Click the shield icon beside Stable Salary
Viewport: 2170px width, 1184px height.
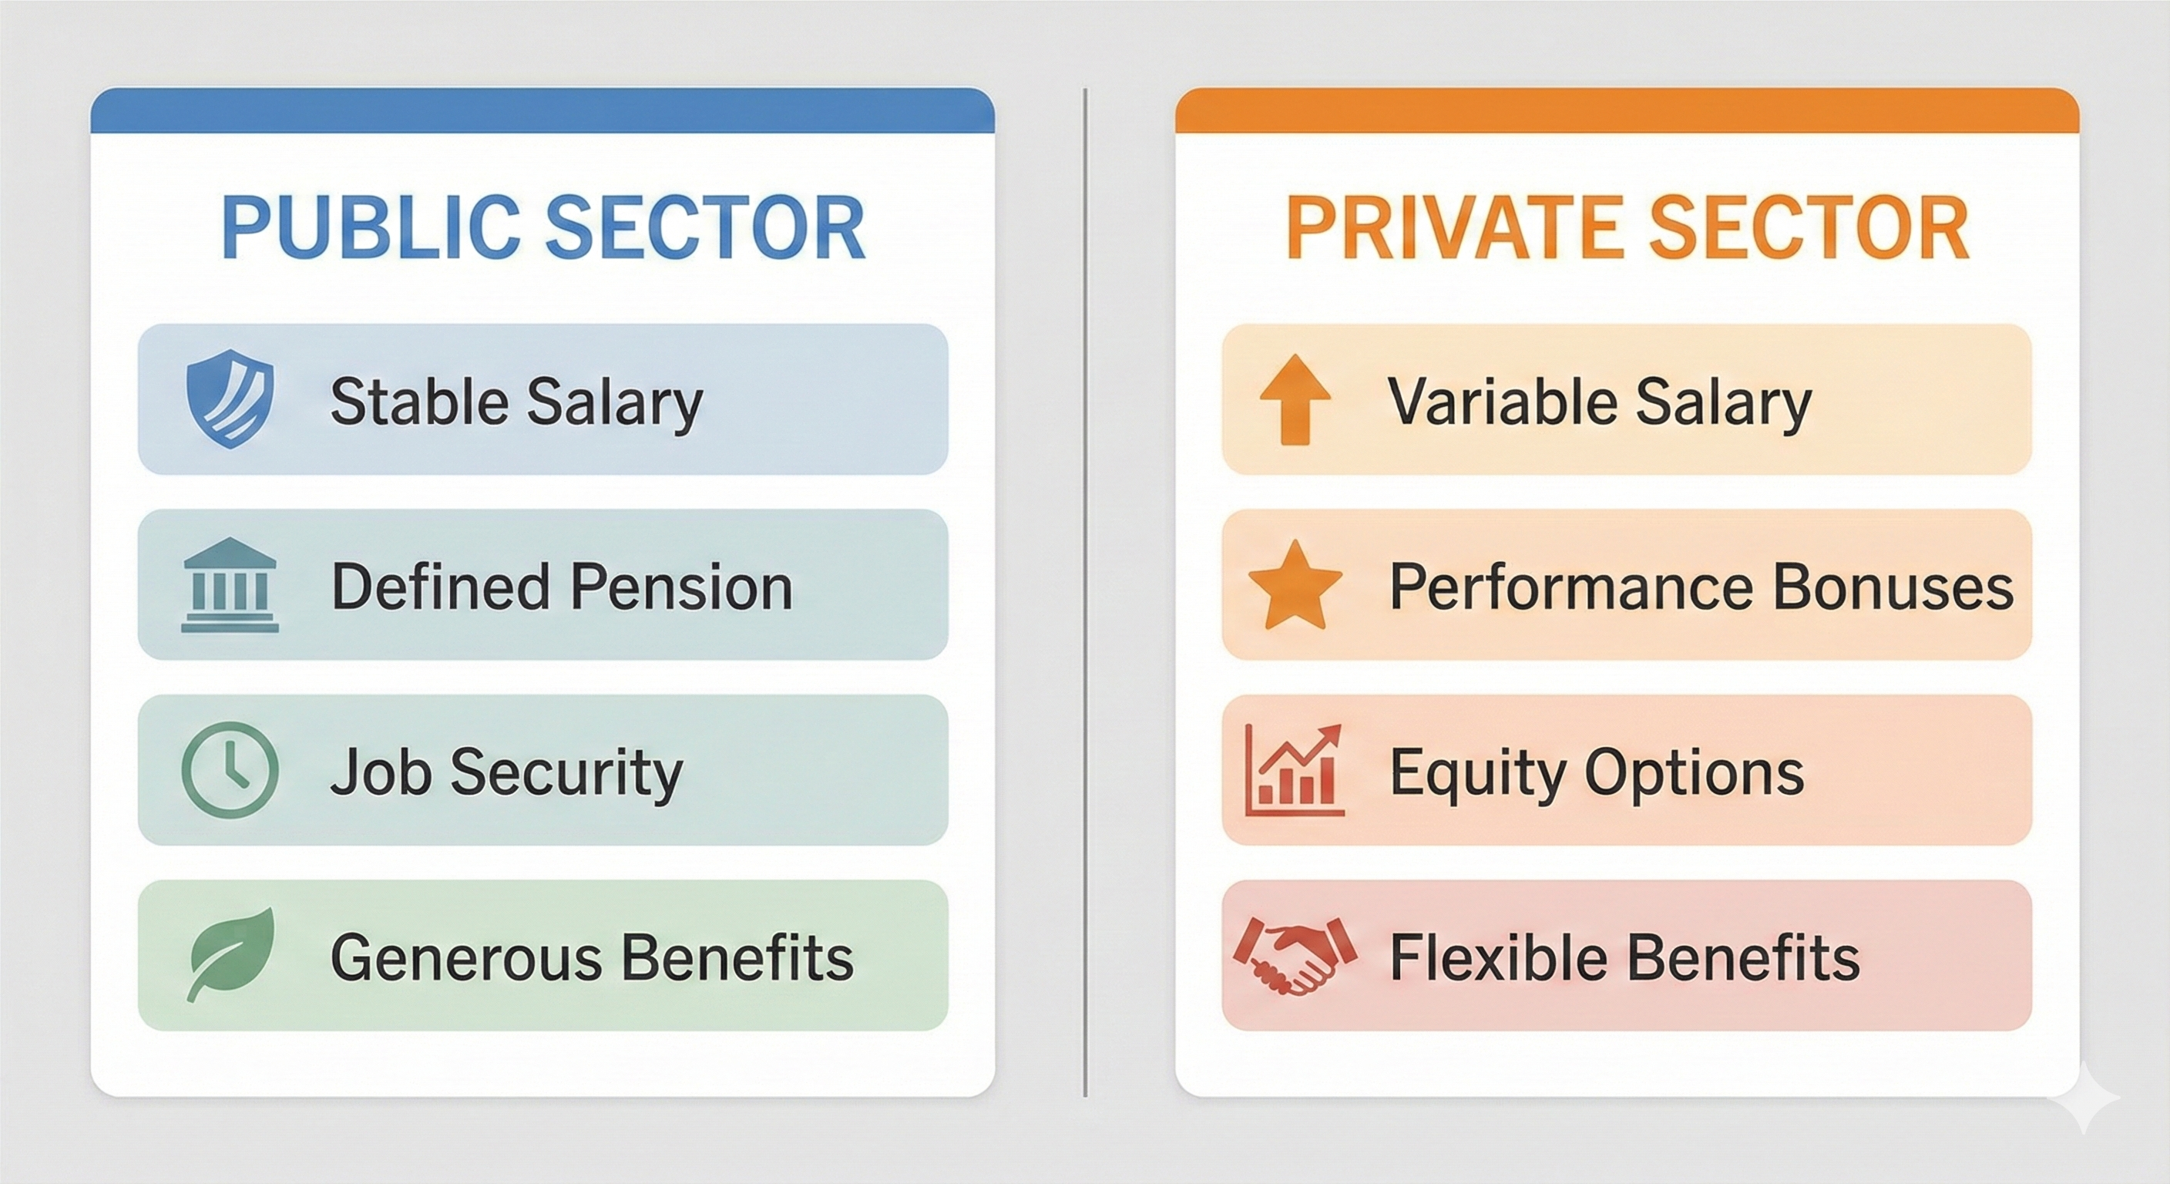click(229, 399)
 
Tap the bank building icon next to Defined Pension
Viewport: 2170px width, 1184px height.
click(229, 587)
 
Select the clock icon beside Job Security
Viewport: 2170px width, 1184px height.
click(229, 770)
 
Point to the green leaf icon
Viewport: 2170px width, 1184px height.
click(232, 954)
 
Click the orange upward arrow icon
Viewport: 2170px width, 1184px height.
click(1295, 399)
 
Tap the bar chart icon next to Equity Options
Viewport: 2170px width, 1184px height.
click(1295, 770)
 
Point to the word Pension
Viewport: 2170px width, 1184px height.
click(682, 587)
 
